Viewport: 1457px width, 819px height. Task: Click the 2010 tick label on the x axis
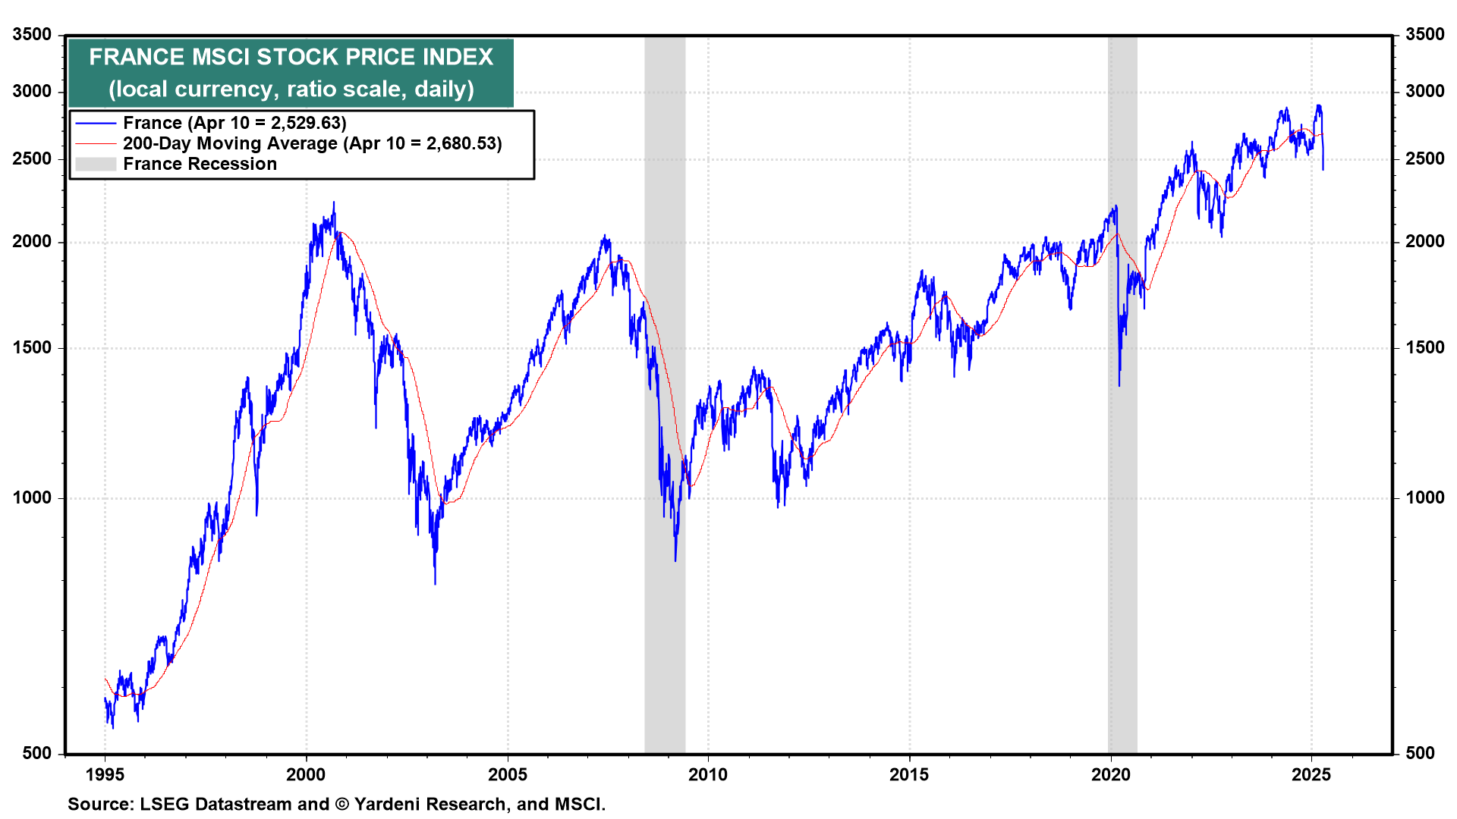click(x=707, y=774)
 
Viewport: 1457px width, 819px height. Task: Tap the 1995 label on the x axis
click(x=105, y=774)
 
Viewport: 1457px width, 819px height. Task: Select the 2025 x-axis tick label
click(x=1311, y=774)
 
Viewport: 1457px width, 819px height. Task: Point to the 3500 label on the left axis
click(x=33, y=34)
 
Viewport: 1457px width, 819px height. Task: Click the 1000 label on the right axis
click(x=1424, y=497)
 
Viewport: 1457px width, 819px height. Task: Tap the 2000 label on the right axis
click(x=1424, y=241)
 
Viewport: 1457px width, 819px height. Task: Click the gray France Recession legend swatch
click(x=96, y=164)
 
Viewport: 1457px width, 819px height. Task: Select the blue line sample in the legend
click(x=96, y=123)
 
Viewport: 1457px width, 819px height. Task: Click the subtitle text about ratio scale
click(x=291, y=89)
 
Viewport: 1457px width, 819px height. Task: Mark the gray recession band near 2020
click(x=1122, y=455)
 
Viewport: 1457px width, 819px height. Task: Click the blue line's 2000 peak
click(x=334, y=203)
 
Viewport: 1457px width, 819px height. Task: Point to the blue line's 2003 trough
click(x=435, y=582)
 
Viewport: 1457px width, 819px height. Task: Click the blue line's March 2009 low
click(x=675, y=560)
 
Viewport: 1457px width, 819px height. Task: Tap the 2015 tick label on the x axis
click(x=908, y=774)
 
